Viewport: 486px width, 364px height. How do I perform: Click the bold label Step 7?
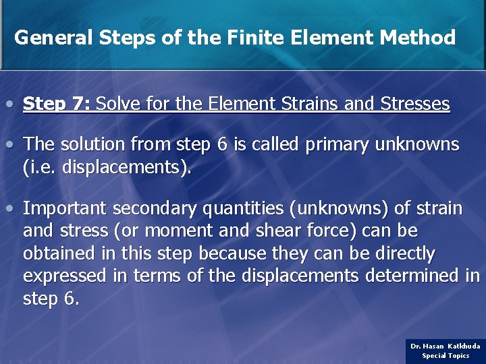click(57, 104)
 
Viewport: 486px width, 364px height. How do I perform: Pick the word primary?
click(335, 145)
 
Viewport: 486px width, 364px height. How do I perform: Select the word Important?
click(65, 209)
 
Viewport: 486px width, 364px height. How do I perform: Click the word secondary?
click(156, 209)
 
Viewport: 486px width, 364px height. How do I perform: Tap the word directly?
click(404, 254)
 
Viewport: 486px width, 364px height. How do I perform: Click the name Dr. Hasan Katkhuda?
click(446, 346)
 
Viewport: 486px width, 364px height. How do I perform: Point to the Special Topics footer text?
click(446, 356)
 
